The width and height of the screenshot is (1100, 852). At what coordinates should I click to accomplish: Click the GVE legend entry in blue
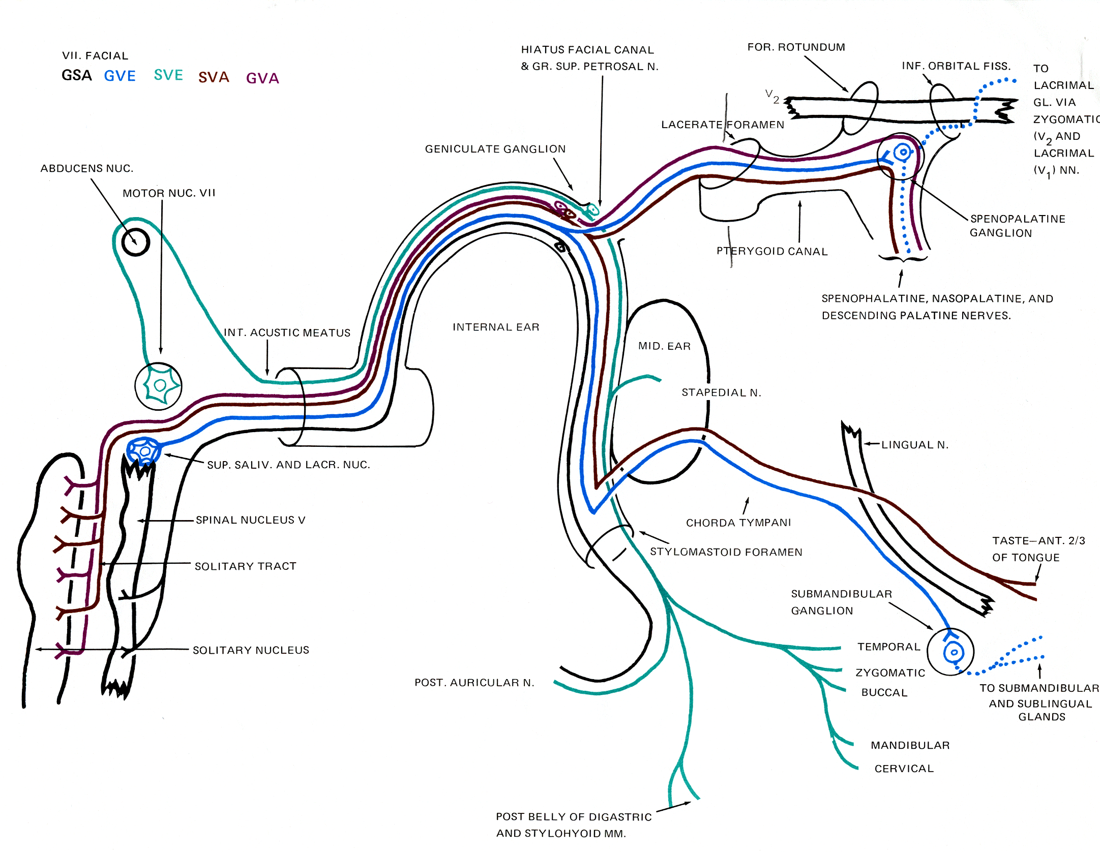coord(120,76)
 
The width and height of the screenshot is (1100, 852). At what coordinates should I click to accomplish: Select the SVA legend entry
coord(214,77)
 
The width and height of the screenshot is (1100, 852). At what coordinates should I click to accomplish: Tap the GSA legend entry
coord(77,76)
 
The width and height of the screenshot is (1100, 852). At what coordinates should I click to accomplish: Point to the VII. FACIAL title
coord(95,56)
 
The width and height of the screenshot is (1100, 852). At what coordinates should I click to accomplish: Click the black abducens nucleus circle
coord(135,242)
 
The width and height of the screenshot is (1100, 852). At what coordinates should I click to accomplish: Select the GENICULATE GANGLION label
coord(495,149)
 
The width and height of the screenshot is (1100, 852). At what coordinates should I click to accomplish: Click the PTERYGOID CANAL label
coord(772,251)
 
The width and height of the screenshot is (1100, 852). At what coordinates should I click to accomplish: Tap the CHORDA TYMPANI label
coord(738,523)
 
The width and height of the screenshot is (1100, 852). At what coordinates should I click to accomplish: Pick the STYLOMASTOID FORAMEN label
coord(726,552)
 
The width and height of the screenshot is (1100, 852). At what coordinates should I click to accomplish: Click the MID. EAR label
coord(664,346)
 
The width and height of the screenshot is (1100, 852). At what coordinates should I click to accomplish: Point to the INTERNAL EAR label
coord(496,327)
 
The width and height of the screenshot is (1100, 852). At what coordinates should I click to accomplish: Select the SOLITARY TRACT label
coord(245,566)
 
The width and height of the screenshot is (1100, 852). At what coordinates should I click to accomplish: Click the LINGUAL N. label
coord(915,445)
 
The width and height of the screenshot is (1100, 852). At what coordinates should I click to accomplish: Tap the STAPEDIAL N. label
coord(721,392)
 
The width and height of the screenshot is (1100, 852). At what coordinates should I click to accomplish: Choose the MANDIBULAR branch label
coord(910,745)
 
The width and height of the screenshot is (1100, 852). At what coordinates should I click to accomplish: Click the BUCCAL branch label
coord(884,692)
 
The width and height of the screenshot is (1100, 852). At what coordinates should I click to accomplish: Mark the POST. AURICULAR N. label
coord(474,683)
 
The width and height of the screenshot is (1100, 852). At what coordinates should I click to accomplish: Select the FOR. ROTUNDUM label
coord(796,47)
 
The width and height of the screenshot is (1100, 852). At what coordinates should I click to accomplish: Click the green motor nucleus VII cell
coord(160,385)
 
